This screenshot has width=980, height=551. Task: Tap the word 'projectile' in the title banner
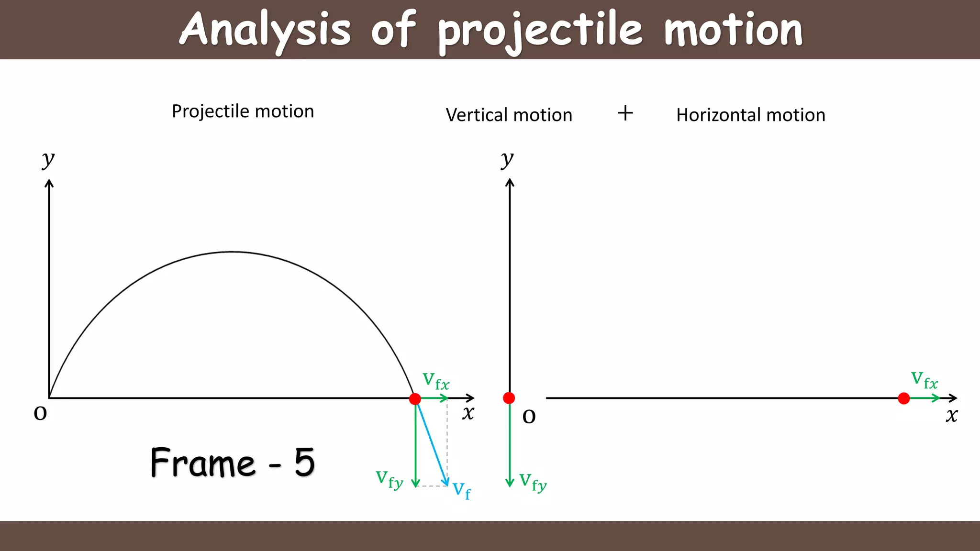(541, 31)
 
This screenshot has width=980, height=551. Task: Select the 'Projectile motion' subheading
(243, 111)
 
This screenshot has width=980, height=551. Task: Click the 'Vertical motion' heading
(509, 115)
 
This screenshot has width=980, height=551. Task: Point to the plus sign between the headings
(625, 113)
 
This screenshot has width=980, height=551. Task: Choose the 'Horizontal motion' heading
(750, 115)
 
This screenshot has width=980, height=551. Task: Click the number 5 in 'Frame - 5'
(304, 463)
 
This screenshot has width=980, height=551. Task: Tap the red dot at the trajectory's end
(415, 398)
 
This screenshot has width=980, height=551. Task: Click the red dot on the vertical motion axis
(509, 398)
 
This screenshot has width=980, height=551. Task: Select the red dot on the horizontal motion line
(903, 398)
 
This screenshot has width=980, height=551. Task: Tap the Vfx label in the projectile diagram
(436, 381)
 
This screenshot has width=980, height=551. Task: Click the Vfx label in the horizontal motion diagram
(924, 380)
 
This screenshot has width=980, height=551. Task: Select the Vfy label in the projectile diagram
(389, 479)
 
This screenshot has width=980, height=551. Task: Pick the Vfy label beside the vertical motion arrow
(533, 482)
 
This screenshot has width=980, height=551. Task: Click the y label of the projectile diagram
(48, 159)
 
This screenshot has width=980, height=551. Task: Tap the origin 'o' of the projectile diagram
(40, 413)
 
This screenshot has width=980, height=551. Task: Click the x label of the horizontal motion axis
(951, 415)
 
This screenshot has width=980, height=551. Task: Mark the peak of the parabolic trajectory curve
(232, 252)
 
